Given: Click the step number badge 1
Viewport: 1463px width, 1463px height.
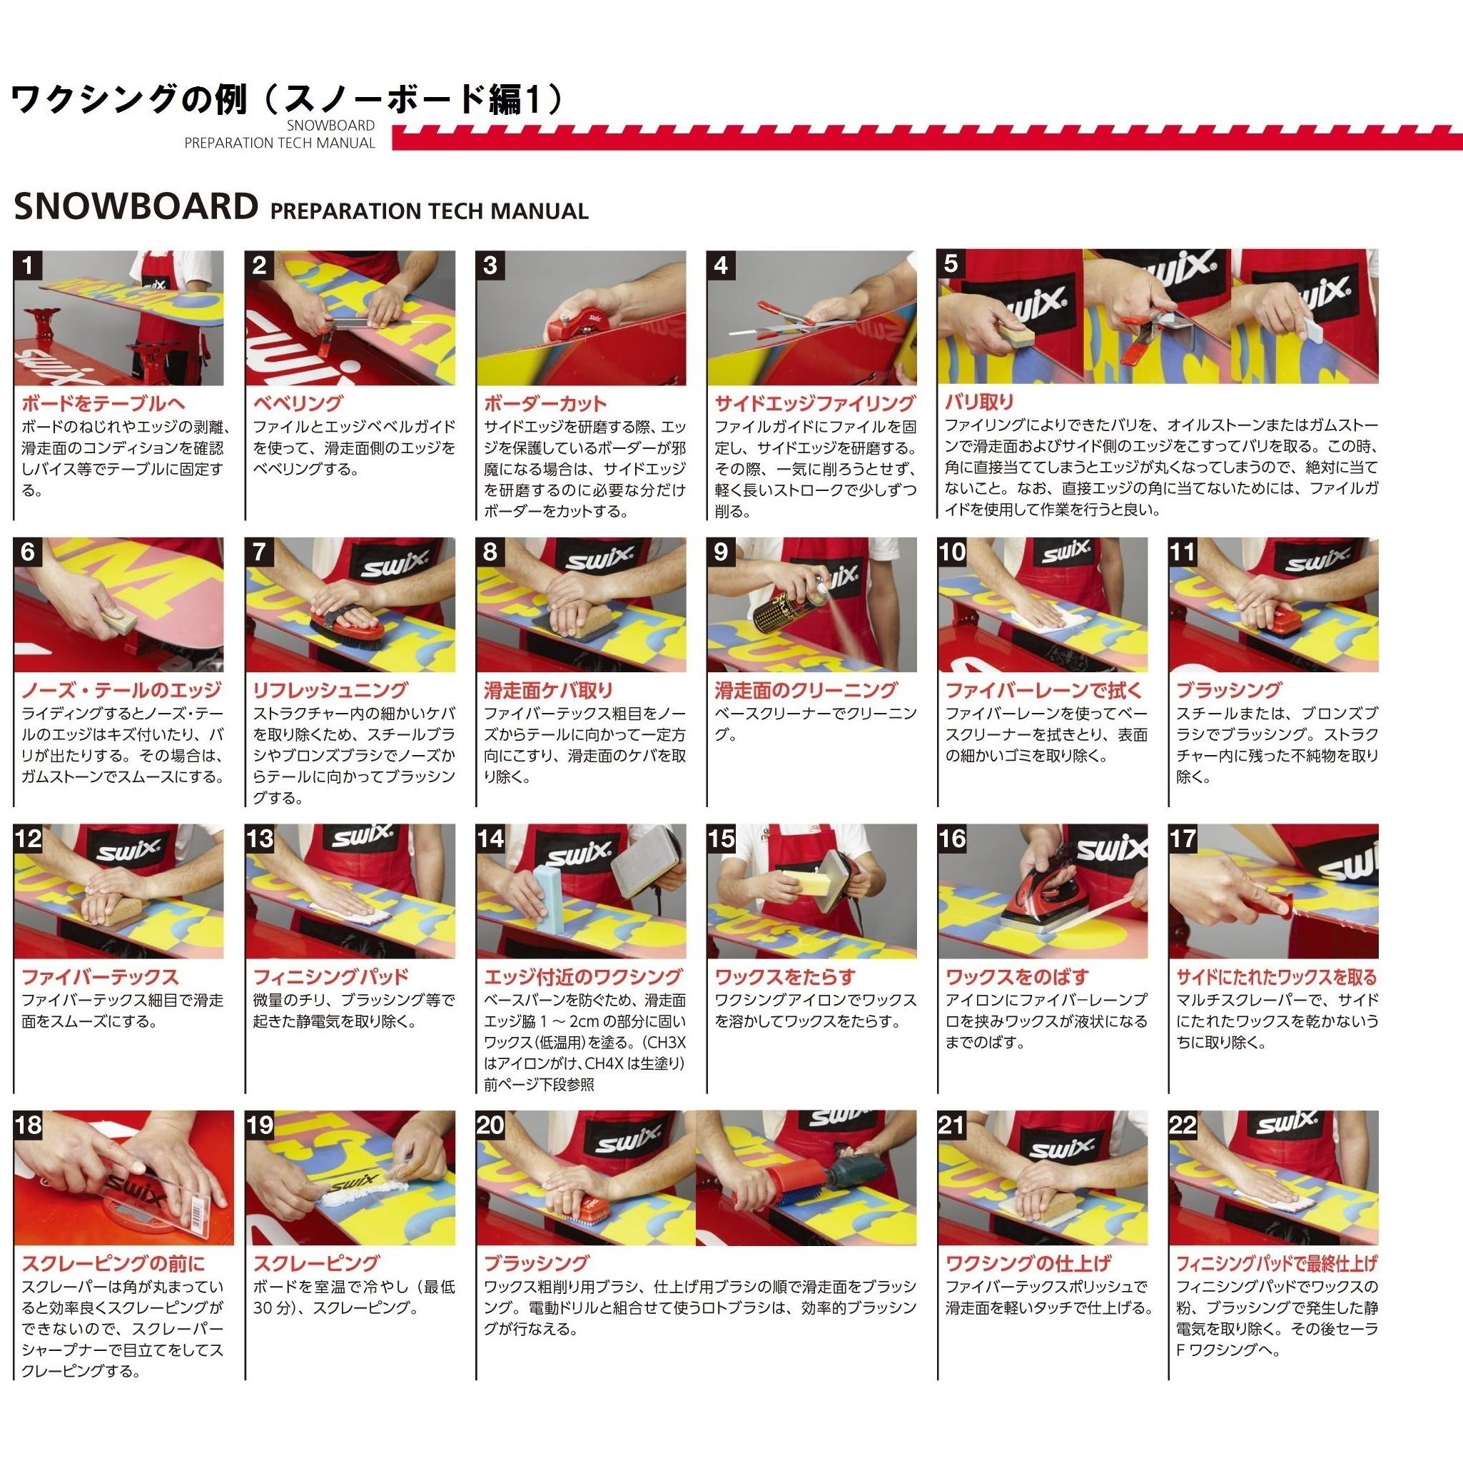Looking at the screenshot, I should pos(28,265).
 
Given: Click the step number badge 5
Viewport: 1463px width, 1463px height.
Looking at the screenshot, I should pos(951,263).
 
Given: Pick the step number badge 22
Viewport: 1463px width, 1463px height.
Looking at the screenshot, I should pos(1183,1125).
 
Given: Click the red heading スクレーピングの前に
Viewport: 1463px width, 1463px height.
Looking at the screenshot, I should pos(113,1263).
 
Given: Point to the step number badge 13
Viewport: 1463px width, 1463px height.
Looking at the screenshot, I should pos(260,839).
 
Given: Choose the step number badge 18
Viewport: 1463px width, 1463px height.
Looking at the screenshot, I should pos(28,1125).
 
